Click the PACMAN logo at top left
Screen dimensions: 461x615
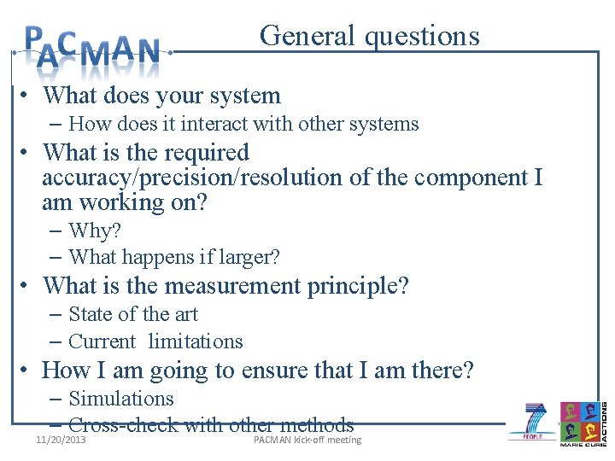click(x=92, y=48)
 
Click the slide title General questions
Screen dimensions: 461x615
click(x=370, y=36)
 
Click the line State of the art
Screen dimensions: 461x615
click(x=133, y=314)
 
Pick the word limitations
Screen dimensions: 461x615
click(x=196, y=341)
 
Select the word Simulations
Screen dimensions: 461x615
click(x=121, y=399)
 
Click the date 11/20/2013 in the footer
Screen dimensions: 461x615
click(x=61, y=441)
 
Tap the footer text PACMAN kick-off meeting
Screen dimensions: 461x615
click(x=307, y=441)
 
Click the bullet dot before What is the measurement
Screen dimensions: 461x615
click(x=29, y=287)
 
